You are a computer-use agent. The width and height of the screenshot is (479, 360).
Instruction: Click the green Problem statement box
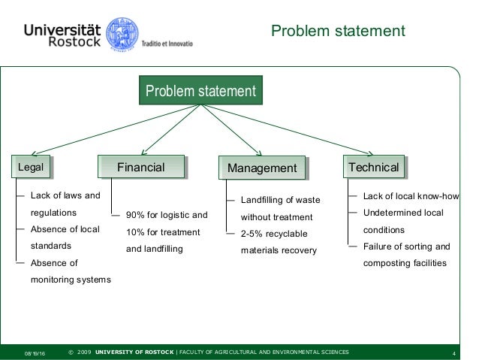(x=200, y=92)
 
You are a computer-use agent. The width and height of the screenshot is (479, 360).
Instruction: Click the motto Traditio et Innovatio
(x=167, y=43)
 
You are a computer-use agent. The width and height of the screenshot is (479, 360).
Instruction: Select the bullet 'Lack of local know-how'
(x=410, y=197)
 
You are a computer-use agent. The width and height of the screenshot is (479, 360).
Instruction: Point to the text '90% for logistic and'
(x=166, y=215)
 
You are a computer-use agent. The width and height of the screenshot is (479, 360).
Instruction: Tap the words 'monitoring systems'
(x=71, y=280)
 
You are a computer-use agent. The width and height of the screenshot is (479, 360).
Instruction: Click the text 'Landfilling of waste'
(x=280, y=201)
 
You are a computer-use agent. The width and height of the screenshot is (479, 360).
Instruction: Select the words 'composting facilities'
(x=404, y=263)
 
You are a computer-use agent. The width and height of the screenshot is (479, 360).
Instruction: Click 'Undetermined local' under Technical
(x=402, y=213)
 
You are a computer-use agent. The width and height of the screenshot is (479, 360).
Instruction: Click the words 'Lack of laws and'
(x=65, y=196)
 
